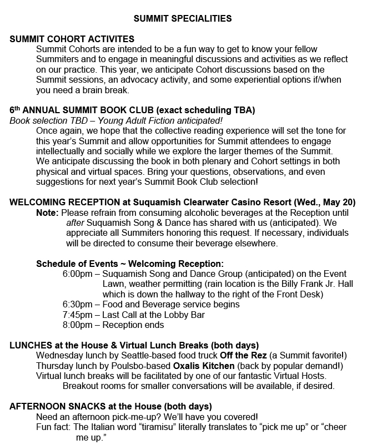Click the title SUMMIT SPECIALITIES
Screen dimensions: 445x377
click(183, 19)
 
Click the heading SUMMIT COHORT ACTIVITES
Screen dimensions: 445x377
click(72, 39)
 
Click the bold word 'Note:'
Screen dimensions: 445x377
click(47, 213)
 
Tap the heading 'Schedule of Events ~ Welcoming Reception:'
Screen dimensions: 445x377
click(130, 264)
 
